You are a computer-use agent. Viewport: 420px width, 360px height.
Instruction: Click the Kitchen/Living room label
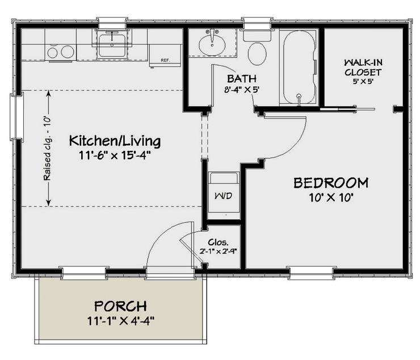115,140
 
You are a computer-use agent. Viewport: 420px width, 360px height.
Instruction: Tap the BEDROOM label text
330,183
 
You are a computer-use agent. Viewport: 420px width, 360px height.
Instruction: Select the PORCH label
120,306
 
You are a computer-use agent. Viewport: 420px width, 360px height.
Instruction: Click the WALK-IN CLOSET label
362,67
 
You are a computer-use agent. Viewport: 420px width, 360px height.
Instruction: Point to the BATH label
241,78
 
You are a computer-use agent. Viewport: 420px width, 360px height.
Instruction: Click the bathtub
299,66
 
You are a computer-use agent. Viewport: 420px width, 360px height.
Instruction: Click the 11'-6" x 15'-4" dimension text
115,154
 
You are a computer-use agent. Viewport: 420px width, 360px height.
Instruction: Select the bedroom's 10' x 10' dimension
331,197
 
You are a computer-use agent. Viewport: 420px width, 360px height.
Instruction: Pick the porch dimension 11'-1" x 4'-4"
120,320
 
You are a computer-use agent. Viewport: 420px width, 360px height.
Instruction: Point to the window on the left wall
16,117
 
